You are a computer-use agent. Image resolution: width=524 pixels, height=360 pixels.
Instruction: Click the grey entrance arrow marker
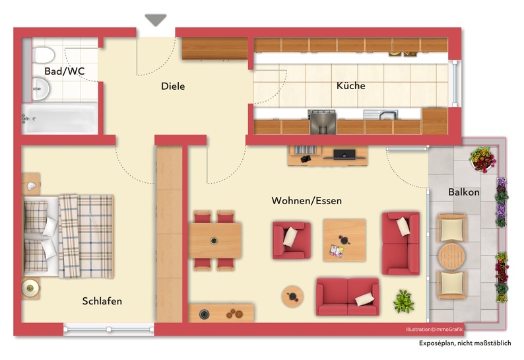click(156, 20)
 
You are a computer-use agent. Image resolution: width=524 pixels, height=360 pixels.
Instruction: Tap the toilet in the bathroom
click(43, 55)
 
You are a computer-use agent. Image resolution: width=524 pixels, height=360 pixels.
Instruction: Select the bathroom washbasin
click(40, 89)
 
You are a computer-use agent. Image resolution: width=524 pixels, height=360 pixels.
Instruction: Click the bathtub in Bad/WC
click(59, 118)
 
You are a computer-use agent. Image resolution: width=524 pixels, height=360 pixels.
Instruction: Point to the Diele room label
click(173, 87)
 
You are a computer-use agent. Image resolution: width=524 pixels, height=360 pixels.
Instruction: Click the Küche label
click(350, 86)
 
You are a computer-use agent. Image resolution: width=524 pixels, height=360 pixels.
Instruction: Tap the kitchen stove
click(322, 122)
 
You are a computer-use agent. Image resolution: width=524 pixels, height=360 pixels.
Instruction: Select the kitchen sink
click(381, 115)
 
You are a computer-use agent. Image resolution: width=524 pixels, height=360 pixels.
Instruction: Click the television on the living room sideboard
click(344, 155)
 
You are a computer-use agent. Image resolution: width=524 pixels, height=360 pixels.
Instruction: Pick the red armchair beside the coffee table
click(292, 240)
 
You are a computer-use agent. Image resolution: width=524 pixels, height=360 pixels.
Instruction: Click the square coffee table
click(344, 240)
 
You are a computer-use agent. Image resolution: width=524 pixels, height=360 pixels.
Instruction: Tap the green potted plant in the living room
click(404, 301)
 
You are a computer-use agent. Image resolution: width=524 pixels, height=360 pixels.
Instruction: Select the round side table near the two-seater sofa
click(292, 297)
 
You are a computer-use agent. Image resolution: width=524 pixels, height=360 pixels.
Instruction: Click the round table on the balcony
click(452, 256)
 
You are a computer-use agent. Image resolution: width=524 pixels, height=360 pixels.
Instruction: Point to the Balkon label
click(464, 192)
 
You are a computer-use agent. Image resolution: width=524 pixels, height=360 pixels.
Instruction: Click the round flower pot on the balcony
click(483, 159)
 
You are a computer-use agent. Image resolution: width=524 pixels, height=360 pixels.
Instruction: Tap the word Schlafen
click(102, 301)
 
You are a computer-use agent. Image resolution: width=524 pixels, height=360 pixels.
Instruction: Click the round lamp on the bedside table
click(30, 287)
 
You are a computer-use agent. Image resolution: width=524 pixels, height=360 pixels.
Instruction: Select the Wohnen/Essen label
click(306, 201)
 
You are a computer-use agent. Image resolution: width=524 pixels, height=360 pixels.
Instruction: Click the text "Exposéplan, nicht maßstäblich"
click(465, 343)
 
